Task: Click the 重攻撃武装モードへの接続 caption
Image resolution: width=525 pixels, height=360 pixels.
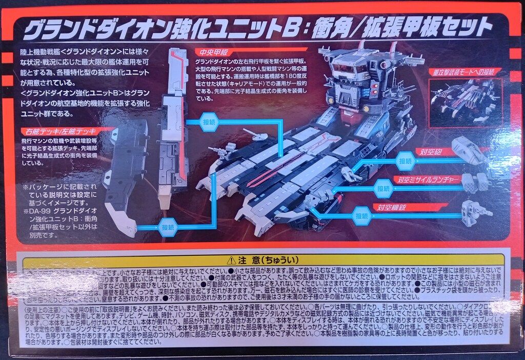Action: point(466,72)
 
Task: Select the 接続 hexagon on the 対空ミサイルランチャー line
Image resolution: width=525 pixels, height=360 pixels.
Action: point(383,188)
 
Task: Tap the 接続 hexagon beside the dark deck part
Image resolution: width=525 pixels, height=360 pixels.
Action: point(168,226)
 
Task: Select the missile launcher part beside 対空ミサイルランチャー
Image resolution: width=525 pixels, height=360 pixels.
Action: point(474,180)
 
